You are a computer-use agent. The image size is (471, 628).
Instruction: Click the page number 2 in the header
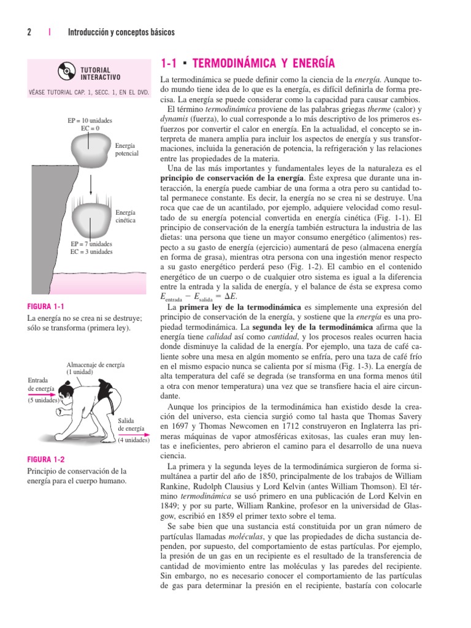pyautogui.click(x=29, y=32)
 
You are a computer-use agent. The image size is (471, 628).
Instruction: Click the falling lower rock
pyautogui.click(x=90, y=216)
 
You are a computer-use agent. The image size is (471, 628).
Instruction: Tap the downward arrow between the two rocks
pyautogui.click(x=90, y=183)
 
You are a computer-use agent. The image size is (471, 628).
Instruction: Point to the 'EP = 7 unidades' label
pyautogui.click(x=91, y=244)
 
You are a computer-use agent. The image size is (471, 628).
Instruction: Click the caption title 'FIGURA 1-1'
pyautogui.click(x=47, y=306)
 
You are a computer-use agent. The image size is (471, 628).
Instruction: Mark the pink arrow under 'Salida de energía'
pyautogui.click(x=132, y=435)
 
